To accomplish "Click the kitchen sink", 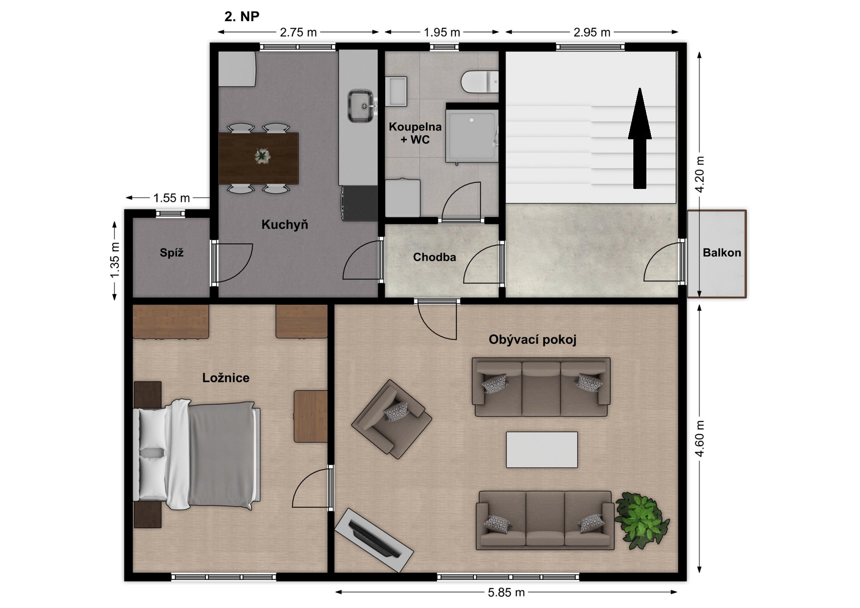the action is [x=361, y=106].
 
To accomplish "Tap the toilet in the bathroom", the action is [x=480, y=81].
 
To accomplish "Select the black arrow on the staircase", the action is [x=640, y=138].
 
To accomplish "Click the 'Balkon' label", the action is [x=722, y=253].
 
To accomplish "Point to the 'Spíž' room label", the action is [x=172, y=253].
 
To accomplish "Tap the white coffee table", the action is [x=542, y=450].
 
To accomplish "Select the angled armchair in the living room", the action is [x=391, y=419].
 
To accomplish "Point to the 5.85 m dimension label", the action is [x=506, y=592].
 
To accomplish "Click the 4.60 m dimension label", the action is [x=700, y=438].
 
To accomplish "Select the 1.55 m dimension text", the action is [x=172, y=197].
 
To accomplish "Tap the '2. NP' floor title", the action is [x=242, y=17].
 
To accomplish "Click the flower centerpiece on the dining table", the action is [x=262, y=156].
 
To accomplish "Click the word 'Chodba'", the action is [x=434, y=257].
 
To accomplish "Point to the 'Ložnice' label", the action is [x=226, y=377].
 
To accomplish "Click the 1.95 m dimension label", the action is [x=442, y=32].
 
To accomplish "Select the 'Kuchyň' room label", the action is [x=285, y=224].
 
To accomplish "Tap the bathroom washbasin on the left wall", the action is [x=396, y=91].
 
